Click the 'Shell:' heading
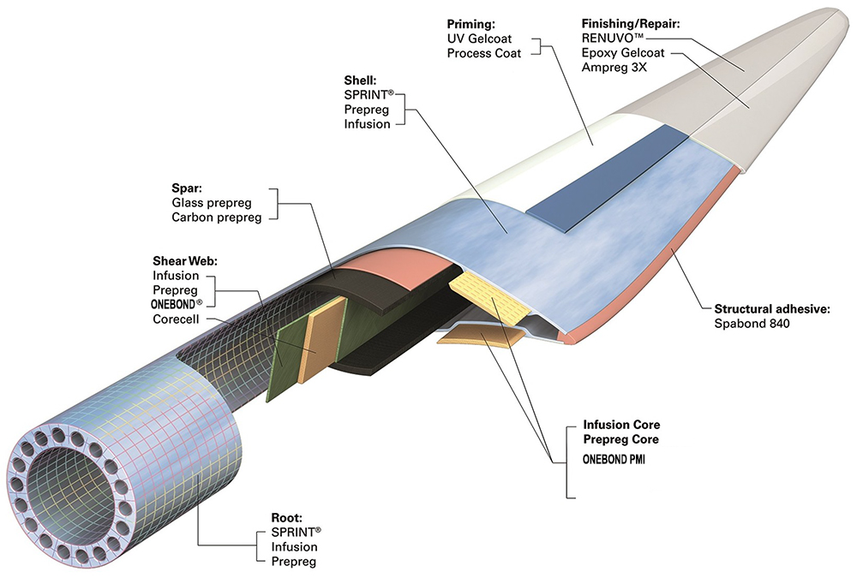tap(359, 81)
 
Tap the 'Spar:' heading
tap(186, 188)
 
